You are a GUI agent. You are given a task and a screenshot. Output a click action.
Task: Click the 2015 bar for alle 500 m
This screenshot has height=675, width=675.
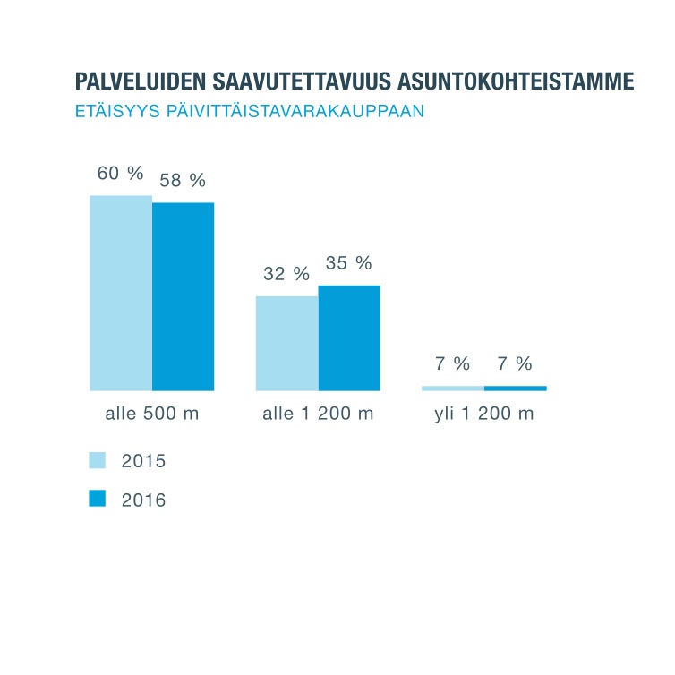tap(121, 293)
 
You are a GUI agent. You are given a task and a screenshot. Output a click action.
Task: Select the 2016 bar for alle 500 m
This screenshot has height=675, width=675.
tap(183, 296)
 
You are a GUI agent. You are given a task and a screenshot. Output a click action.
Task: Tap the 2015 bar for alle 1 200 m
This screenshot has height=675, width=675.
tap(286, 343)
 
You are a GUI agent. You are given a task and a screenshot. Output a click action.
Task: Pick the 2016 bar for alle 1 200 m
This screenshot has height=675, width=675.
tap(349, 337)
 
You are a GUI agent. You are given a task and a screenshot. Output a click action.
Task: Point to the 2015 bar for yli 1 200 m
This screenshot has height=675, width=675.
tap(453, 388)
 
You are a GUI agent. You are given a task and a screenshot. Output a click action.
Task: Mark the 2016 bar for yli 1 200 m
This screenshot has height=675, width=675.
tap(516, 388)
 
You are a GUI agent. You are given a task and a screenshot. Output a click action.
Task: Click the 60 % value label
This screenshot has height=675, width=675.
tap(120, 174)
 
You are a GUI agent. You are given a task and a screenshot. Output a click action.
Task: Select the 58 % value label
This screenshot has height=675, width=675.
tap(183, 180)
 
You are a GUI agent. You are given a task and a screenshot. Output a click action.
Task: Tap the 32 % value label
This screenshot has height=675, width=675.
tap(286, 274)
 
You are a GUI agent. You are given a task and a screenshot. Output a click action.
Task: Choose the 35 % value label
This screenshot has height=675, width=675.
tap(349, 263)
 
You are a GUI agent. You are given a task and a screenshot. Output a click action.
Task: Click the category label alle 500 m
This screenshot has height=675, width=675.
tap(152, 414)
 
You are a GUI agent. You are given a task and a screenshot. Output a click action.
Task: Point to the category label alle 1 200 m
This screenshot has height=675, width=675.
tap(318, 414)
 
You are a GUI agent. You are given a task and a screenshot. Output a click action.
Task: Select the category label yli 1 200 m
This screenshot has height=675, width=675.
tap(484, 414)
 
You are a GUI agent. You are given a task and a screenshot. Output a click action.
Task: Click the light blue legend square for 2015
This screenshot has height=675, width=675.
tap(98, 460)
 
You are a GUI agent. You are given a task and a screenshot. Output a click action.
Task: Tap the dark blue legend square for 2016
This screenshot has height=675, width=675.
tap(98, 499)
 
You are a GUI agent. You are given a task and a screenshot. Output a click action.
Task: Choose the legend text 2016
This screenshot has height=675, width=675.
tap(143, 500)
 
